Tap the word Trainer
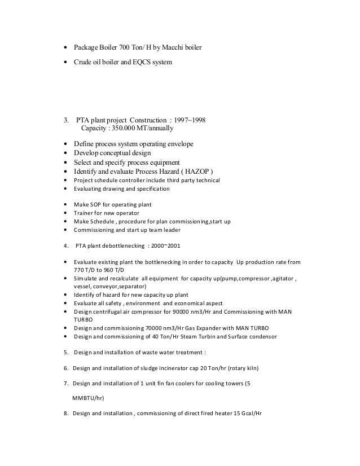tap(84, 213)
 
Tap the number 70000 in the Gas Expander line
tap(158, 329)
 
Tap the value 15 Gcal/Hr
tap(248, 413)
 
